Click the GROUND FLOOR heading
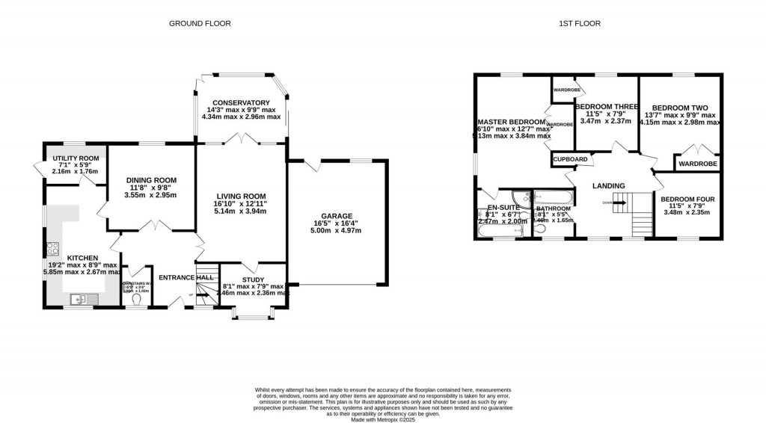[x=199, y=23]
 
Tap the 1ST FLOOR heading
[x=579, y=23]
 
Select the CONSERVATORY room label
[x=240, y=102]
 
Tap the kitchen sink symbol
[x=79, y=299]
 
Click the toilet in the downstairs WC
[x=135, y=300]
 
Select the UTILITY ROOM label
[x=75, y=158]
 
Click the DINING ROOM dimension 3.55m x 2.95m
[x=150, y=195]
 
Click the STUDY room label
[x=254, y=279]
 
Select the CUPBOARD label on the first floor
[x=570, y=160]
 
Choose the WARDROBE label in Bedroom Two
[x=697, y=164]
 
